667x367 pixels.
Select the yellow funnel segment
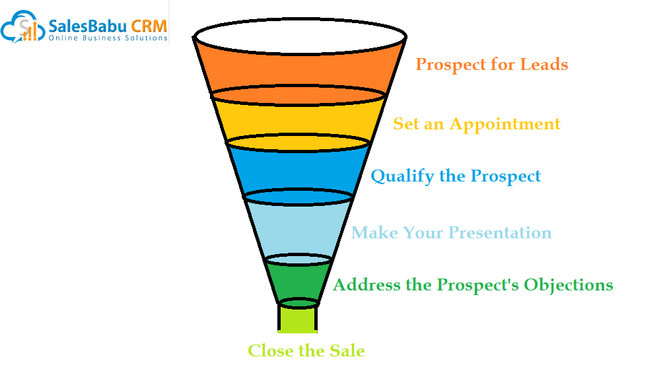point(299,121)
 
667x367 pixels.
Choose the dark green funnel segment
point(299,281)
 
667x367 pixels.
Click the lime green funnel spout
point(298,319)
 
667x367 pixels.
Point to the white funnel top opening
point(300,36)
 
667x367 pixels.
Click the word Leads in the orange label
point(544,64)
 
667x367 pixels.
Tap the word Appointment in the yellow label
point(505,125)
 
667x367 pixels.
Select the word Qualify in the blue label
point(402,177)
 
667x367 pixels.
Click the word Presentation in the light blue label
point(500,233)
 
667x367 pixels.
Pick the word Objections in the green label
point(569,285)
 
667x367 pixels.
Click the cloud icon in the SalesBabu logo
point(22,27)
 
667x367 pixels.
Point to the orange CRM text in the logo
point(149,26)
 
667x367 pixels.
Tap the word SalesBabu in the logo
point(88,26)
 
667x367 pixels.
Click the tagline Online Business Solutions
point(108,38)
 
